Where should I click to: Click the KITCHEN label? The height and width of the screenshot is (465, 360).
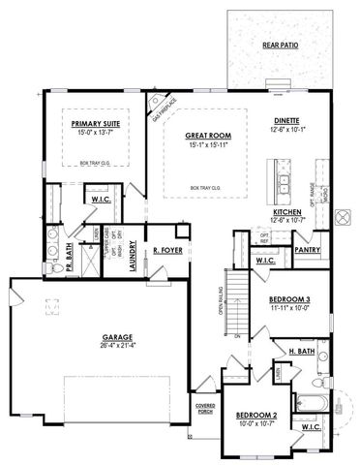point(287,212)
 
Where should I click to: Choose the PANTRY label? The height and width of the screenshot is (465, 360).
point(308,249)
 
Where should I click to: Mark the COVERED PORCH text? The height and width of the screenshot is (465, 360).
point(204,408)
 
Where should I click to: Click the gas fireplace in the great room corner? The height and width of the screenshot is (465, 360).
point(160,106)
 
